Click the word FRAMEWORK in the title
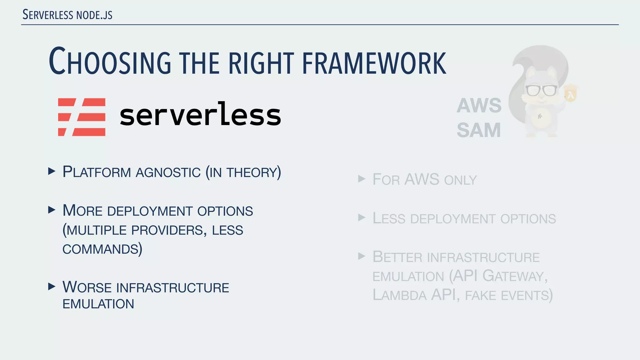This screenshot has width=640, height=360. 374,63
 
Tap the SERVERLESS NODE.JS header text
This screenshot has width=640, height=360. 67,15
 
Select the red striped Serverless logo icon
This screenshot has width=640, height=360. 82,117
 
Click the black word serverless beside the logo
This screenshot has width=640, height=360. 200,115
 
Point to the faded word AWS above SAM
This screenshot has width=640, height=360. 479,106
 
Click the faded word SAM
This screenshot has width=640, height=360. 478,130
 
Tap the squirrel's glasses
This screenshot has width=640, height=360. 541,90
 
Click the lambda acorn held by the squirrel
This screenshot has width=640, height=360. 571,94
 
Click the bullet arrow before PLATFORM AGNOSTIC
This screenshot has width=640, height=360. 52,171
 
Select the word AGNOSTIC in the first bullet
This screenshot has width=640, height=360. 168,172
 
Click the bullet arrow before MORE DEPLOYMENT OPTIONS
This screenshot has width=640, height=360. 52,210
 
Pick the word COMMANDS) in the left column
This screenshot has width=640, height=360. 102,249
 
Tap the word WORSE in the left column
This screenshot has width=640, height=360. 87,287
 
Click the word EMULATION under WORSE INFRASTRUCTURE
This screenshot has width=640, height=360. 98,304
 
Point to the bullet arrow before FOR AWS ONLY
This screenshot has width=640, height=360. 362,179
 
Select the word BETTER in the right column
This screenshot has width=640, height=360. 397,257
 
